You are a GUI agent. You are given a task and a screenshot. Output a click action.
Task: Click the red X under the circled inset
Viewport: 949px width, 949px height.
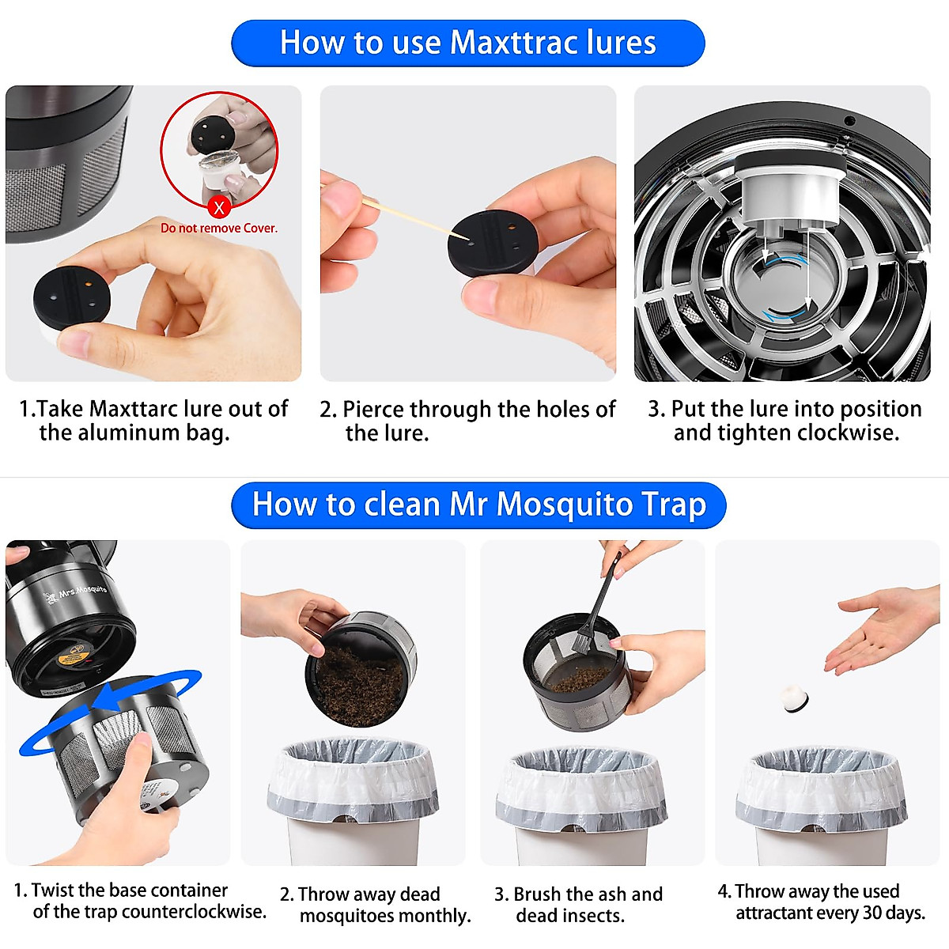[219, 207]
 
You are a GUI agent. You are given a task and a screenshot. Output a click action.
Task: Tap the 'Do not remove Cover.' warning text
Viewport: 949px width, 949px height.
[219, 228]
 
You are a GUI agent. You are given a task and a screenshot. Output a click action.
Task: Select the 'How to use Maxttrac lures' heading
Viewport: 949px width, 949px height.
[467, 43]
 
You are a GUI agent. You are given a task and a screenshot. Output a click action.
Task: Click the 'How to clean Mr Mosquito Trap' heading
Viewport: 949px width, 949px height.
[478, 505]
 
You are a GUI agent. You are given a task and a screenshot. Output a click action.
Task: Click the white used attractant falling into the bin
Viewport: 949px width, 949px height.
[794, 698]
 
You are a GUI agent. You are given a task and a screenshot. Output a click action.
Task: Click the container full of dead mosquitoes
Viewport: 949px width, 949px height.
[359, 668]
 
